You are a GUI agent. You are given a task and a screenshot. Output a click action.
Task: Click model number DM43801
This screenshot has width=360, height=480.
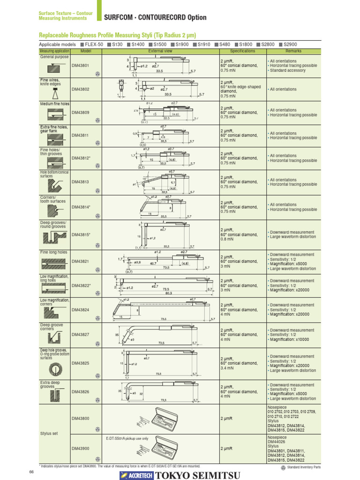(x=79, y=66)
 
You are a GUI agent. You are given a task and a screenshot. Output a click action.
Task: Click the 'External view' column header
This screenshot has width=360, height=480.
(x=160, y=51)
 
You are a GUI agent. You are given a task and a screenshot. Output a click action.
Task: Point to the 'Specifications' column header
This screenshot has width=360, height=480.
(x=242, y=51)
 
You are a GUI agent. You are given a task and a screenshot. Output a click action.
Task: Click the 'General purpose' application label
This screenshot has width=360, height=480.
(x=54, y=57)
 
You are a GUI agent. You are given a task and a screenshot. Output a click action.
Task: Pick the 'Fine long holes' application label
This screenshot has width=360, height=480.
(x=53, y=252)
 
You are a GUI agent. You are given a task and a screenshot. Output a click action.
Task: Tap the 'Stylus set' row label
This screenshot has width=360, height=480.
(x=49, y=434)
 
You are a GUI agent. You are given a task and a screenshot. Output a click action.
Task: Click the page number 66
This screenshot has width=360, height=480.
(x=31, y=471)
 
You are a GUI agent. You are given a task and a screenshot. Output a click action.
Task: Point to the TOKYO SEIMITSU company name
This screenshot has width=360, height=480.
(x=198, y=475)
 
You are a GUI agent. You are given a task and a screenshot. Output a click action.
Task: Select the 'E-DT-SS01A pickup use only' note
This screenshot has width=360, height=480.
(x=127, y=438)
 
